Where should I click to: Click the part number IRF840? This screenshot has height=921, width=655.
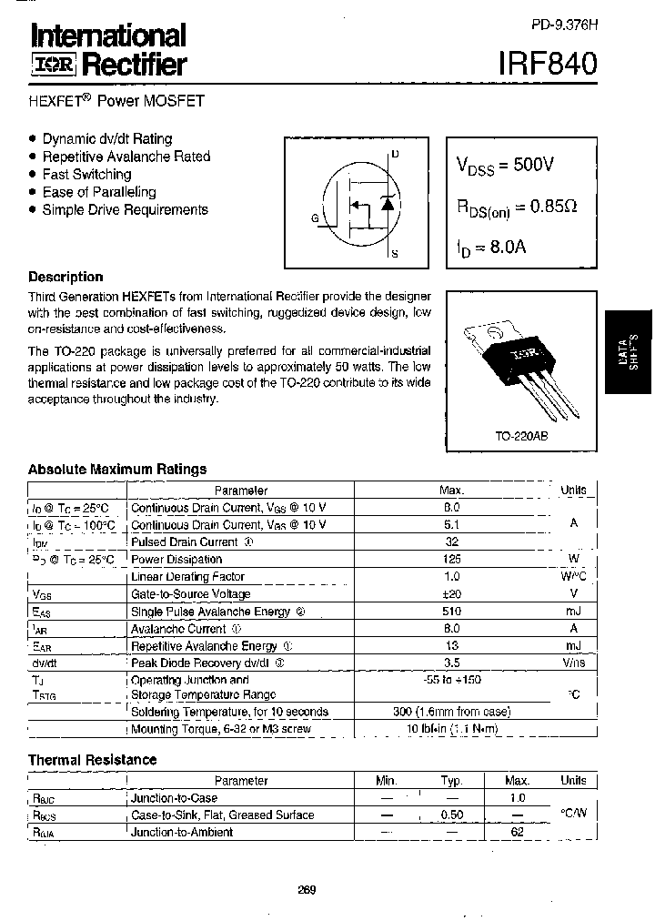[549, 63]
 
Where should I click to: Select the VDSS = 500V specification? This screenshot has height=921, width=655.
[505, 166]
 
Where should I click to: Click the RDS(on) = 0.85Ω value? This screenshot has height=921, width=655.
[516, 207]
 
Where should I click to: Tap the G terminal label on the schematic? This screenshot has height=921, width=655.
[315, 218]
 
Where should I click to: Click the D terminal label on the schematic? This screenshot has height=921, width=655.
[395, 154]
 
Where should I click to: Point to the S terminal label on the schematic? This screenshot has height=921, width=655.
[395, 255]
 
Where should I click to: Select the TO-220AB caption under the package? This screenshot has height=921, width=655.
[521, 436]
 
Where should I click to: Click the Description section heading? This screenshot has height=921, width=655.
[65, 277]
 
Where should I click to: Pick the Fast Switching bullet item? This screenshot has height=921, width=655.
[86, 174]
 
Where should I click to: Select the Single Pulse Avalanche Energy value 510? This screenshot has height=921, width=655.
[451, 612]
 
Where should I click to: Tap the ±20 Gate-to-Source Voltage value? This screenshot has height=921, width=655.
[451, 594]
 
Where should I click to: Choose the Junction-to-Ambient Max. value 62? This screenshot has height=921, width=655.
[517, 832]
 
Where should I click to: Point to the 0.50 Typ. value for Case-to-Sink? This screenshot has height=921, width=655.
[451, 815]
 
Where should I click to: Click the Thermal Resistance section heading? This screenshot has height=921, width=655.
[92, 760]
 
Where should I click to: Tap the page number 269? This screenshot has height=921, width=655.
[307, 889]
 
